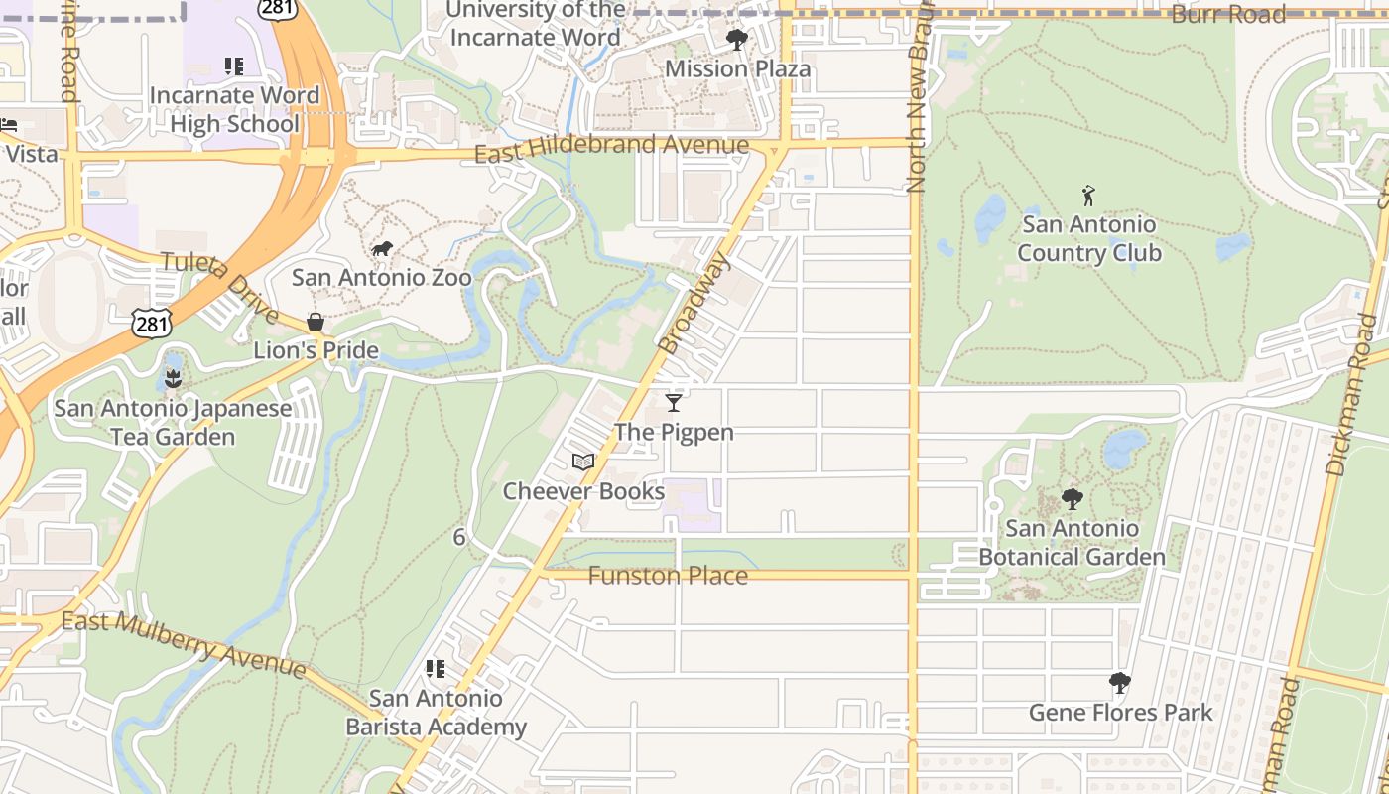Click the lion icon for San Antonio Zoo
pyautogui.click(x=381, y=249)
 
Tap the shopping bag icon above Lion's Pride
pyautogui.click(x=316, y=322)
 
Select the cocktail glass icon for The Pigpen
pyautogui.click(x=674, y=402)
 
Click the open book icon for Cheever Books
pyautogui.click(x=583, y=462)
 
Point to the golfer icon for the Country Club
pyautogui.click(x=1088, y=195)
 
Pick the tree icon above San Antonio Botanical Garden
pyautogui.click(x=1072, y=498)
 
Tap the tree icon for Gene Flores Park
pyautogui.click(x=1120, y=683)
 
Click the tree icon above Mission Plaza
pyautogui.click(x=736, y=40)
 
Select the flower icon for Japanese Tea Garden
pyautogui.click(x=174, y=378)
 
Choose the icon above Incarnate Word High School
pyautogui.click(x=234, y=66)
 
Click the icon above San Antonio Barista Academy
pyautogui.click(x=436, y=669)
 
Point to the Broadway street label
pyautogui.click(x=694, y=303)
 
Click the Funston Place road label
pyautogui.click(x=668, y=576)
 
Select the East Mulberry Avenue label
pyautogui.click(x=184, y=643)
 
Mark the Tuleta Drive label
pyautogui.click(x=219, y=287)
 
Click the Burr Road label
pyautogui.click(x=1228, y=14)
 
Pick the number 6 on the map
pyautogui.click(x=458, y=537)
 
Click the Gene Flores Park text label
pyautogui.click(x=1120, y=712)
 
